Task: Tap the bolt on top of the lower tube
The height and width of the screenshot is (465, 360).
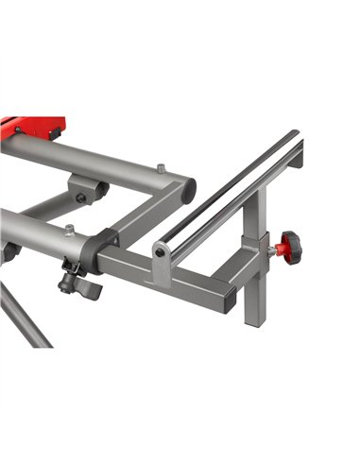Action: point(69,229)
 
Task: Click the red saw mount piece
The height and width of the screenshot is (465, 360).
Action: point(33,127)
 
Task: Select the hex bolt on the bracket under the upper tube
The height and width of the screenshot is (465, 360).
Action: point(81,198)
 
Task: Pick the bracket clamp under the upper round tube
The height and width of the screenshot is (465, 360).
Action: point(90,191)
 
